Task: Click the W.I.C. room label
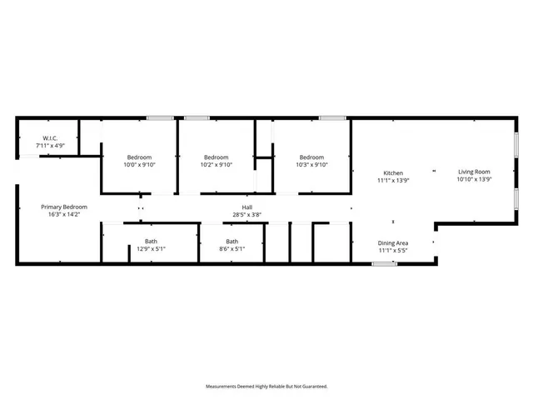coord(50,138)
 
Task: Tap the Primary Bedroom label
coord(64,207)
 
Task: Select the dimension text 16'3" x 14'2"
coord(64,214)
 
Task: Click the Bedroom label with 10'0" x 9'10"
coord(140,157)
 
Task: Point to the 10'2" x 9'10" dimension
coord(217,165)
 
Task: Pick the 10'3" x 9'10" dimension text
coord(311,165)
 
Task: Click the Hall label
coord(247,207)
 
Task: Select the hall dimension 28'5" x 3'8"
coord(247,215)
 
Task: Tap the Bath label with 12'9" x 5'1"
coord(152,242)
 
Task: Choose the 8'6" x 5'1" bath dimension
coord(232,249)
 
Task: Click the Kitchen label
coord(393,172)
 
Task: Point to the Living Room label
coord(474,172)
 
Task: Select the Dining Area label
coord(393,242)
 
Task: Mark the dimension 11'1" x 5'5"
coord(393,250)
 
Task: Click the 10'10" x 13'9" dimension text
coord(474,179)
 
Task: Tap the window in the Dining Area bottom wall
coord(384,264)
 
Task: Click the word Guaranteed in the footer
coord(313,387)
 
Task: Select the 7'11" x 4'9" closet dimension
coord(50,146)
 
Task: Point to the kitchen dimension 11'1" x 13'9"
coord(393,180)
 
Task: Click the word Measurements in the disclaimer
coord(223,387)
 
